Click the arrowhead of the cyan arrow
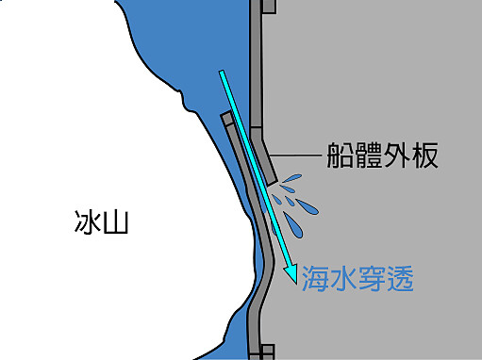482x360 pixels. pyautogui.click(x=291, y=273)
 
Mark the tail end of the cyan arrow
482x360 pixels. pyautogui.click(x=223, y=74)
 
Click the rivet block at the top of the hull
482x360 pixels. pyautogui.click(x=268, y=7)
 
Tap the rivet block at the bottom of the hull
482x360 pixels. pyautogui.click(x=268, y=352)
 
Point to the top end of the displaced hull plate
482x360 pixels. pyautogui.click(x=226, y=118)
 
